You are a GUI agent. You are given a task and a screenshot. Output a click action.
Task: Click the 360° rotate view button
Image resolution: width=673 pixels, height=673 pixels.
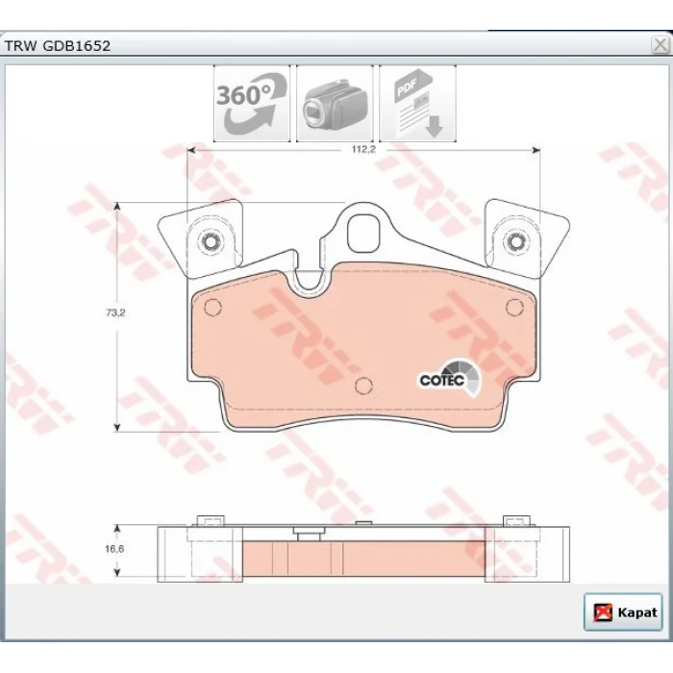pyautogui.click(x=252, y=104)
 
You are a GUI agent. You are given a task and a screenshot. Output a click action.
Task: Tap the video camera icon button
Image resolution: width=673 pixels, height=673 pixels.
pyautogui.click(x=335, y=104)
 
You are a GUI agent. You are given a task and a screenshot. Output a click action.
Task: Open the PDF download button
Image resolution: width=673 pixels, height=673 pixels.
pyautogui.click(x=417, y=104)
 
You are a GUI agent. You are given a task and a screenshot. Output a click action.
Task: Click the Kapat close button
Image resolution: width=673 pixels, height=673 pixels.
pyautogui.click(x=623, y=612)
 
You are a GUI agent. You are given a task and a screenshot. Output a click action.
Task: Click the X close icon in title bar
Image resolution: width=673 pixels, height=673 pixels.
pyautogui.click(x=661, y=44)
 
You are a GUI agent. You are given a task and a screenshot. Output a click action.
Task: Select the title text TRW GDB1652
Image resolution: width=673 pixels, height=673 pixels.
pyautogui.click(x=57, y=46)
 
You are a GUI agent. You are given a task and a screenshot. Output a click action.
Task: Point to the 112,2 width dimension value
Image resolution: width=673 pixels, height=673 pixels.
pyautogui.click(x=363, y=149)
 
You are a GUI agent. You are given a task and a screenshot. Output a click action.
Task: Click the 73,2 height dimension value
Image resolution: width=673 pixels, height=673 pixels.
pyautogui.click(x=115, y=312)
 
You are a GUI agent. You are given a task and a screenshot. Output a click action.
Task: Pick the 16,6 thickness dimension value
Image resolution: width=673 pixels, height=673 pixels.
pyautogui.click(x=114, y=549)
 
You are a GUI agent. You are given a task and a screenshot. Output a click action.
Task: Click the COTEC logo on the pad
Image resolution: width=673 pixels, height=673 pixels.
pyautogui.click(x=450, y=378)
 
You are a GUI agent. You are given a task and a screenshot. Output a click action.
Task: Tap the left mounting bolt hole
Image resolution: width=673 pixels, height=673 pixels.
pyautogui.click(x=210, y=242)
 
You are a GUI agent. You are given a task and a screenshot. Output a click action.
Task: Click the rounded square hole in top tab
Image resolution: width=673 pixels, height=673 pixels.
pyautogui.click(x=363, y=234)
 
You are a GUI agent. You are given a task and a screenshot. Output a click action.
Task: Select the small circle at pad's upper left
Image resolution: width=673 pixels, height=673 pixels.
pyautogui.click(x=212, y=308)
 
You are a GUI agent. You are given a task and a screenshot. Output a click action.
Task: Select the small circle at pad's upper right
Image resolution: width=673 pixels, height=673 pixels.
pyautogui.click(x=514, y=307)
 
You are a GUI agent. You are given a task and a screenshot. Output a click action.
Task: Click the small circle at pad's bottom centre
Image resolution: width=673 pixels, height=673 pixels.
pyautogui.click(x=363, y=386)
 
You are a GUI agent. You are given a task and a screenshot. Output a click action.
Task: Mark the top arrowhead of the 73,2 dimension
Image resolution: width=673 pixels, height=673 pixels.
pyautogui.click(x=116, y=206)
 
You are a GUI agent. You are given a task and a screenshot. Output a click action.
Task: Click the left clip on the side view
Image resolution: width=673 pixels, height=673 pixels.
pyautogui.click(x=211, y=521)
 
